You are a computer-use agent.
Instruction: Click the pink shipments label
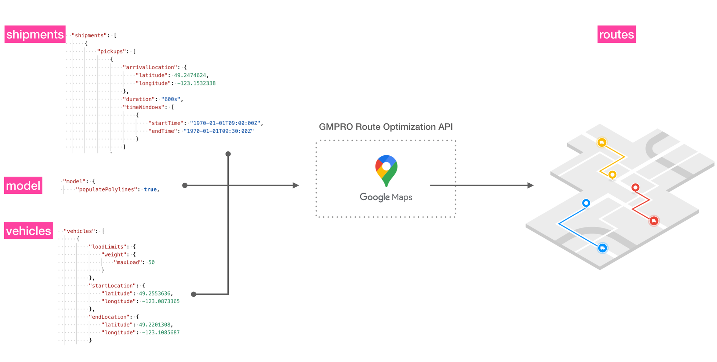click(x=35, y=34)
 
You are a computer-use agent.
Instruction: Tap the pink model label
click(x=23, y=185)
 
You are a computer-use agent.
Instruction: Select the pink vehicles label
click(x=29, y=231)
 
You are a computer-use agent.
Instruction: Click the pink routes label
click(x=616, y=34)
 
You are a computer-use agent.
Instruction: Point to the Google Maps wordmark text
click(x=386, y=197)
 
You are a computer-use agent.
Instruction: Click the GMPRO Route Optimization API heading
click(x=386, y=127)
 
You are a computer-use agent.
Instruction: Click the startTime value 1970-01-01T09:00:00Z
click(x=225, y=123)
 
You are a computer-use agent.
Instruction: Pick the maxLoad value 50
click(x=152, y=262)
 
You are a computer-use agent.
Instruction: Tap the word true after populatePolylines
click(x=150, y=189)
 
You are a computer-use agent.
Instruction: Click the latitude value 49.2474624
click(x=190, y=75)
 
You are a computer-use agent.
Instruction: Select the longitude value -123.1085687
click(x=161, y=333)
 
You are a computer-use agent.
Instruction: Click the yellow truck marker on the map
click(x=602, y=142)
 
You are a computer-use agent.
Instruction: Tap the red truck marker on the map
click(x=654, y=221)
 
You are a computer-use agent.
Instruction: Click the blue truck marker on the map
click(x=603, y=248)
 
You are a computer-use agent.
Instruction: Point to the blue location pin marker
click(x=586, y=203)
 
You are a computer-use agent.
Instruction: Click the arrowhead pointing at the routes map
click(x=531, y=185)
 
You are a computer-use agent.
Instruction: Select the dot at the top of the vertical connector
click(x=228, y=154)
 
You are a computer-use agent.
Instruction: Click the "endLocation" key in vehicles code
click(x=109, y=317)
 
